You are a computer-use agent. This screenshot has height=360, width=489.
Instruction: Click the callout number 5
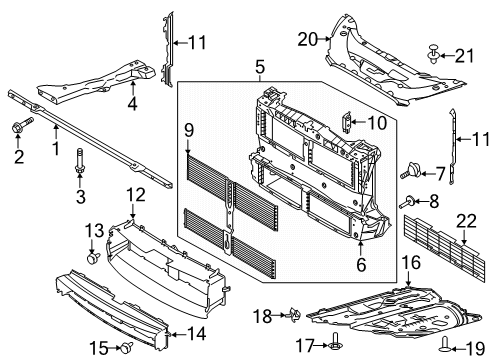tap(258, 69)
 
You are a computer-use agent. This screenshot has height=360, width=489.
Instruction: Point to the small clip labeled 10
tap(346, 122)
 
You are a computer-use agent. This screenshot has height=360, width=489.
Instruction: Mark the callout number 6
tap(358, 267)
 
